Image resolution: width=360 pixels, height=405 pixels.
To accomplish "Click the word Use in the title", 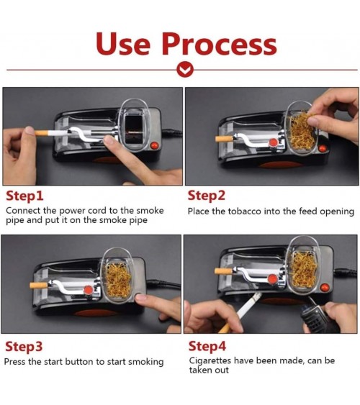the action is click(123, 43).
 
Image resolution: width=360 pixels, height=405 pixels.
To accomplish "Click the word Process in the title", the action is click(220, 43).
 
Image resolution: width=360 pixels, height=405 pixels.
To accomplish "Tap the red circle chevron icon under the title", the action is click(185, 70).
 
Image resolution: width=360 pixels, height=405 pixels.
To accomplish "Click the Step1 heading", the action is click(24, 196).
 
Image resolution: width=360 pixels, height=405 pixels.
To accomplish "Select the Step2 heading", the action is click(206, 196).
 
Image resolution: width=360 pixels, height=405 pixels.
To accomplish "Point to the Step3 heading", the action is click(24, 346).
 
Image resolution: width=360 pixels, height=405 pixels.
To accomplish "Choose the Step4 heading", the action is click(207, 346).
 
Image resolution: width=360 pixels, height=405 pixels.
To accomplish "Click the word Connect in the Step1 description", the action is click(23, 211).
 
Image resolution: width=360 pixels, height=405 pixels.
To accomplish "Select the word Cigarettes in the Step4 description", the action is click(210, 360).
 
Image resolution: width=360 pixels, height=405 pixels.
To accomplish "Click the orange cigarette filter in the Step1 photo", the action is click(41, 133).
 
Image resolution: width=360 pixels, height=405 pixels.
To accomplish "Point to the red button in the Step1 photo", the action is click(155, 145).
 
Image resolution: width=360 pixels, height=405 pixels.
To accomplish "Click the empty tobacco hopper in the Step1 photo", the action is click(133, 126).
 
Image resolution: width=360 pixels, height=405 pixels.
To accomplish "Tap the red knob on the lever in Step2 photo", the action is click(274, 142).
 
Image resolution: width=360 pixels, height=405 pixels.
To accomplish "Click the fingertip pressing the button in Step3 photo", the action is click(142, 297).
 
